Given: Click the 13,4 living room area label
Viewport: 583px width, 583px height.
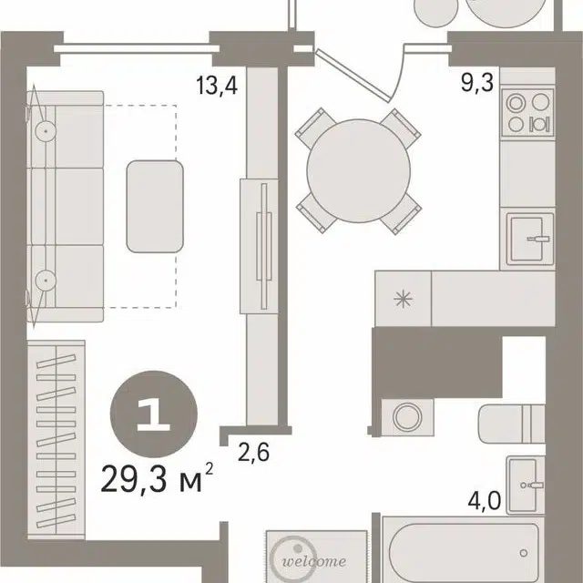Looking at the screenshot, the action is pyautogui.click(x=217, y=87).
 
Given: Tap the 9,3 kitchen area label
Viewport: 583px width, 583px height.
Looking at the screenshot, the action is pyautogui.click(x=477, y=82).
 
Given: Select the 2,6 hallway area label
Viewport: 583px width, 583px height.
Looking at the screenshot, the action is pyautogui.click(x=253, y=452).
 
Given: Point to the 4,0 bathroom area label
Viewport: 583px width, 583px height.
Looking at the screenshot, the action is pyautogui.click(x=484, y=501).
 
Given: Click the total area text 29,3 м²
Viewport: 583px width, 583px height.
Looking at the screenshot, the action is pyautogui.click(x=157, y=478).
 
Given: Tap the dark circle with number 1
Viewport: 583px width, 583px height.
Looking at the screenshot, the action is pyautogui.click(x=154, y=414).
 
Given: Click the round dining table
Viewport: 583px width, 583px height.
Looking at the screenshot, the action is pyautogui.click(x=358, y=170).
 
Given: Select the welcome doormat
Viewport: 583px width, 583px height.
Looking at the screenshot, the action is pyautogui.click(x=317, y=557).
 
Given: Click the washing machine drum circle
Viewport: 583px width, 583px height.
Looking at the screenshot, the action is pyautogui.click(x=407, y=416).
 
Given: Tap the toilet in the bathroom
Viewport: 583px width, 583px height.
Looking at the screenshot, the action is pyautogui.click(x=511, y=424).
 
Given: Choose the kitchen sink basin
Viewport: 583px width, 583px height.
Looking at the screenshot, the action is pyautogui.click(x=527, y=239).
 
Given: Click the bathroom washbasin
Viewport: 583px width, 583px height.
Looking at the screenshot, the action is pyautogui.click(x=526, y=485).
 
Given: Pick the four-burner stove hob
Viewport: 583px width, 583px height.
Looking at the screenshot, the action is pyautogui.click(x=527, y=113).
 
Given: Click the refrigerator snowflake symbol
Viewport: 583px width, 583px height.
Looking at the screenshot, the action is pyautogui.click(x=403, y=299).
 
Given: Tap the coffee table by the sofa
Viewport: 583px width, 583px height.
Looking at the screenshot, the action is pyautogui.click(x=155, y=207).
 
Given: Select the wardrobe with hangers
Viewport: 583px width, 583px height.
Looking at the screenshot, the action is pyautogui.click(x=56, y=440).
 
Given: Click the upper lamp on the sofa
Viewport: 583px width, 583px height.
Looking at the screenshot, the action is pyautogui.click(x=46, y=131).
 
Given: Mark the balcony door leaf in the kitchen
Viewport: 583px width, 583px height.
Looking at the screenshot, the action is pyautogui.click(x=352, y=76).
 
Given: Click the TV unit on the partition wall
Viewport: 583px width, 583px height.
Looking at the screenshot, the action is pyautogui.click(x=259, y=246).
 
